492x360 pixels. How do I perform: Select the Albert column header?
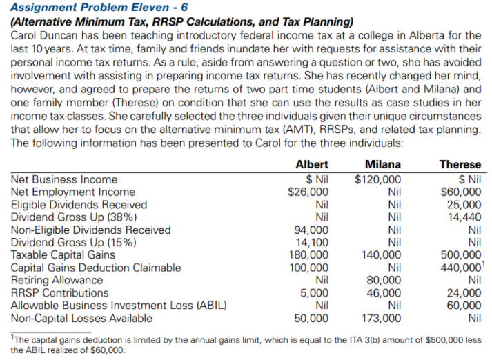(x=312, y=165)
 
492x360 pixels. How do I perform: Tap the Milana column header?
(x=383, y=165)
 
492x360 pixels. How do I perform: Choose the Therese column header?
(x=460, y=165)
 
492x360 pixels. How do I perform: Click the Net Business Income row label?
(x=64, y=180)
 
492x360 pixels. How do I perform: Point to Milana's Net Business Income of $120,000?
(x=377, y=180)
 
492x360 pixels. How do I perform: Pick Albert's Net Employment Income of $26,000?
(x=308, y=192)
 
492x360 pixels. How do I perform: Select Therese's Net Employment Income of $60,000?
(x=461, y=192)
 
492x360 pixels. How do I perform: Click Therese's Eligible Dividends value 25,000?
(x=464, y=205)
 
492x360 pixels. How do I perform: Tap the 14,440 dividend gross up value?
(x=464, y=217)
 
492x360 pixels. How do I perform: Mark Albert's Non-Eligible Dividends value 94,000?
(x=312, y=230)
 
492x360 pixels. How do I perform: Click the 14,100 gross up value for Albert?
(x=312, y=243)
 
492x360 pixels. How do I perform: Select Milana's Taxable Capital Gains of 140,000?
(x=381, y=255)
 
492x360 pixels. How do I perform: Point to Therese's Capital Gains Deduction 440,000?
(x=461, y=268)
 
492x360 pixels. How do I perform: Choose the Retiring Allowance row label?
(x=57, y=280)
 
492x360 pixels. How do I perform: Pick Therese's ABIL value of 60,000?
(x=464, y=306)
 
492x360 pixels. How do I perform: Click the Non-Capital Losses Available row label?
(x=81, y=318)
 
